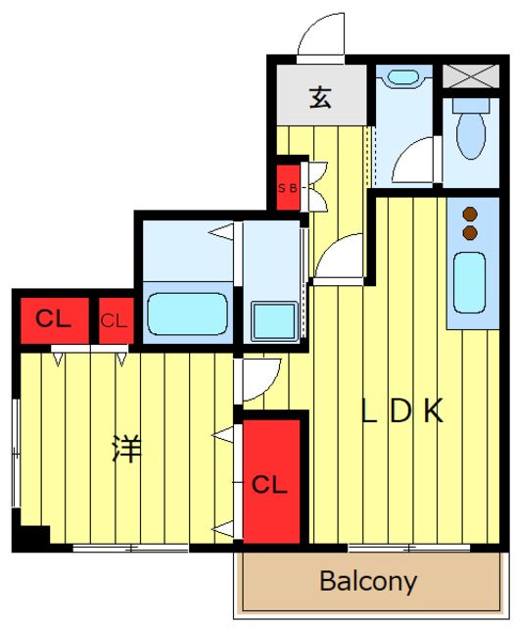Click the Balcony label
[x=368, y=581]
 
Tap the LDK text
[x=402, y=411]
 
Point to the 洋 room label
[x=126, y=449]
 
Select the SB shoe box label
[x=289, y=188]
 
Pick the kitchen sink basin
[x=470, y=282]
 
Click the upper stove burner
[x=470, y=215]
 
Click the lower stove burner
[x=470, y=233]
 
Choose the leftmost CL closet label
[x=47, y=318]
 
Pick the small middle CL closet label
[x=114, y=319]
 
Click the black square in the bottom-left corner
[x=31, y=537]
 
